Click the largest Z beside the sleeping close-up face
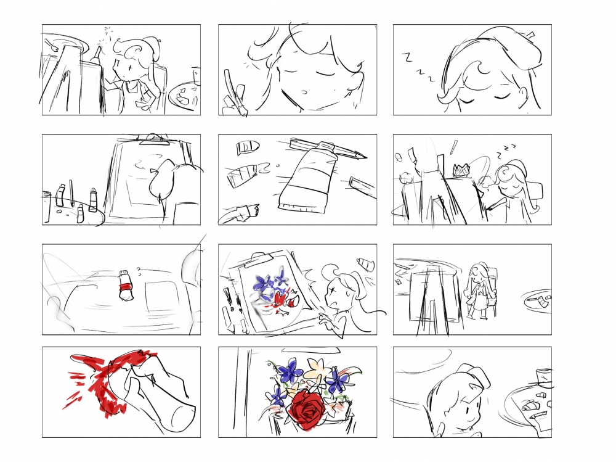point(408,57)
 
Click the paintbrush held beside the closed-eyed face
point(234,92)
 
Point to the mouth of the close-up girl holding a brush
point(303,93)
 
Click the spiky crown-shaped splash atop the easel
point(462,170)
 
